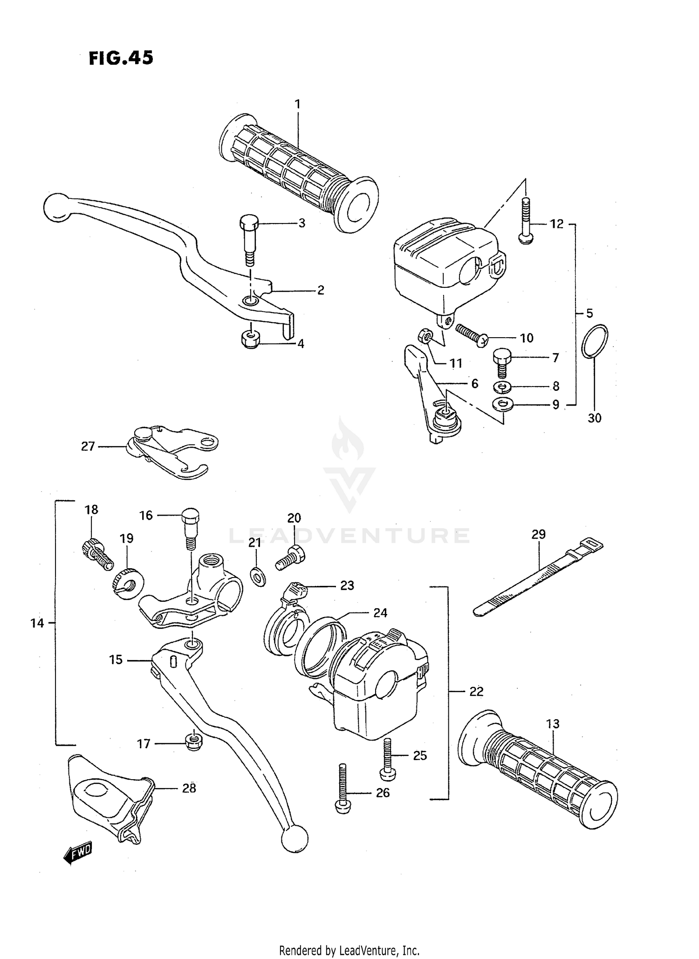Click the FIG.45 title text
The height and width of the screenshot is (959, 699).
(x=121, y=58)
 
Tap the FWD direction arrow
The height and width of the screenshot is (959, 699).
(x=78, y=853)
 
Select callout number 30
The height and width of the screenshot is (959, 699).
(x=594, y=418)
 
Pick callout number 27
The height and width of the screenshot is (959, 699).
(x=88, y=446)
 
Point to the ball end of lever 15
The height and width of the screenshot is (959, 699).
(x=295, y=839)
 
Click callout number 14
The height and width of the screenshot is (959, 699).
(x=37, y=623)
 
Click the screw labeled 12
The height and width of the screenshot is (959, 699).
(x=526, y=221)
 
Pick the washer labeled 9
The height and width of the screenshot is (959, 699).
(x=502, y=404)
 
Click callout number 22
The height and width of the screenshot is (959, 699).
(x=476, y=692)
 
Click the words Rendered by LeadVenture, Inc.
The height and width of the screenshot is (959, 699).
(x=349, y=950)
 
